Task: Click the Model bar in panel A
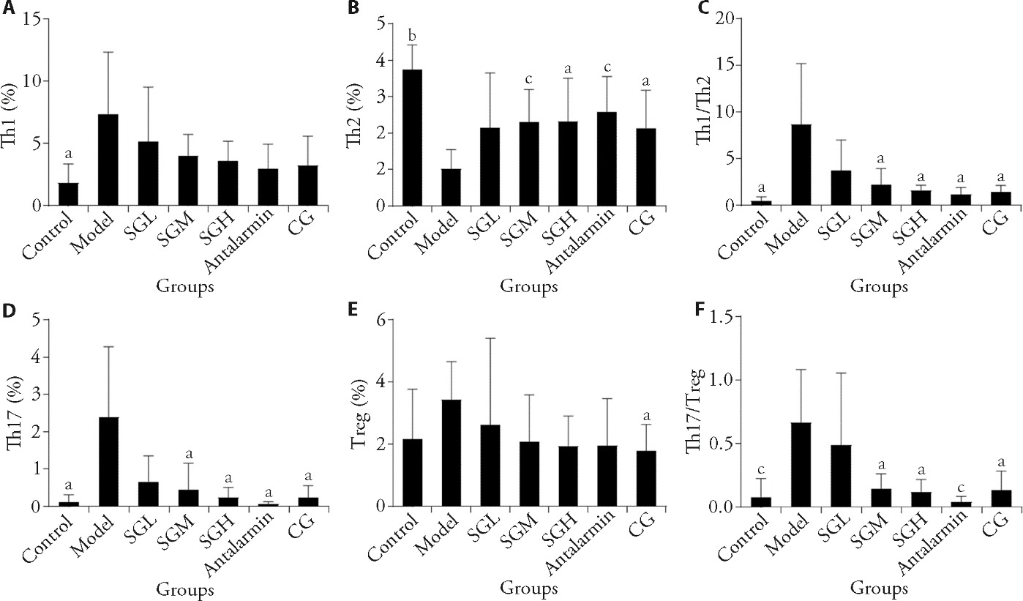tap(108, 160)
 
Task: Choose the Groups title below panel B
tap(529, 287)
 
